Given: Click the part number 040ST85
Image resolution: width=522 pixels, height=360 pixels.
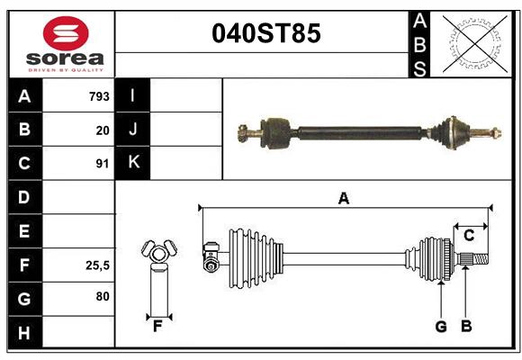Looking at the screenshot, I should tap(265, 34).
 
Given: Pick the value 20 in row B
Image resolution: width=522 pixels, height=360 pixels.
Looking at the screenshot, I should tap(102, 130).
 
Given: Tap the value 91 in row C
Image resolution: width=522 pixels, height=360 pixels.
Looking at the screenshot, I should tap(102, 164).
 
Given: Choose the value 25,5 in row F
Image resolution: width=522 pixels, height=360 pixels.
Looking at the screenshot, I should tap(98, 265).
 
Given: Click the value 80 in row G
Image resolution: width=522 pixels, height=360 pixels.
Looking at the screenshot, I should tap(102, 296).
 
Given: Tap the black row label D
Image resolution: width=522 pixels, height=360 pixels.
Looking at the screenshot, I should tap(24, 197).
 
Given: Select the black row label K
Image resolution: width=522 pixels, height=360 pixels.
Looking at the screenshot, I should tap(133, 163).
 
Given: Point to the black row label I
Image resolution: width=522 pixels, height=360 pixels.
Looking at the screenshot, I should tap(133, 95).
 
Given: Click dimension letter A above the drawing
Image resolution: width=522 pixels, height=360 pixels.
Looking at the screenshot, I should tap(343, 198).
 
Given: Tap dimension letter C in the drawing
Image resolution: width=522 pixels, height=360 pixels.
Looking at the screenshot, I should tap(469, 235).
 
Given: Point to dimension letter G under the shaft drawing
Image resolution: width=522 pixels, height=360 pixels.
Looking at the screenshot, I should tap(441, 326).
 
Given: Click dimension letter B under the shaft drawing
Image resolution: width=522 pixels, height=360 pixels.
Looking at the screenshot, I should tap(465, 326).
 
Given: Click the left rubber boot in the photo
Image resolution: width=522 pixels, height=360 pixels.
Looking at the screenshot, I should tap(277, 131).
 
